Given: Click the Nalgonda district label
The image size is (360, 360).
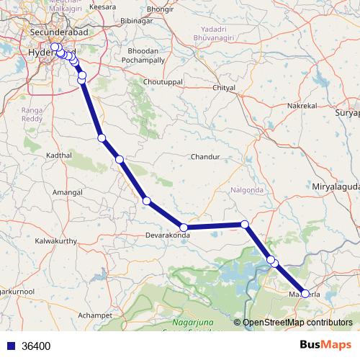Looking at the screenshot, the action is pyautogui.click(x=248, y=190).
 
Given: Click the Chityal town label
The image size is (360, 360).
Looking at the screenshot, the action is pyautogui.click(x=225, y=88).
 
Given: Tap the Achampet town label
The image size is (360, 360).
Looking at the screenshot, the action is pyautogui.click(x=95, y=315).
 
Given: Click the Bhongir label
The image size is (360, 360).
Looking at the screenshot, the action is pyautogui.click(x=161, y=8).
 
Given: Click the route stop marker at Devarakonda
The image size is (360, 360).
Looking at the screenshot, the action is pyautogui.click(x=184, y=228).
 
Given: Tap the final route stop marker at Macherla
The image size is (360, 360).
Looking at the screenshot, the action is pyautogui.click(x=305, y=293).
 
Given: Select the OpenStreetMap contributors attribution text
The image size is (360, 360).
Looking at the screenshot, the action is pyautogui.click(x=297, y=323).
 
